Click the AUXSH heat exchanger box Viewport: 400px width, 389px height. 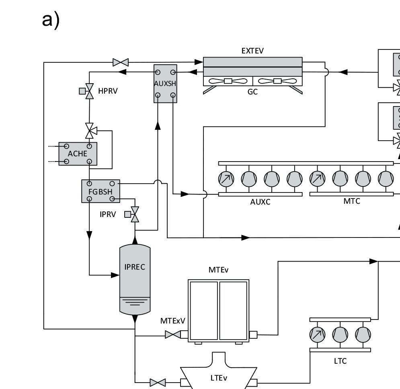click(x=165, y=83)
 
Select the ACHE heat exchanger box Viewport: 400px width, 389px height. click(x=78, y=154)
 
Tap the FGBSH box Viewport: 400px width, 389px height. click(x=101, y=191)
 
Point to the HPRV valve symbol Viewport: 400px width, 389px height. click(x=89, y=91)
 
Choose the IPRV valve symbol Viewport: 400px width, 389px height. click(x=135, y=215)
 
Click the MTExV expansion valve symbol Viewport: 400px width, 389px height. click(x=172, y=334)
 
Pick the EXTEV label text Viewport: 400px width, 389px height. click(x=252, y=51)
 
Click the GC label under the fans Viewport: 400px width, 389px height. click(x=252, y=92)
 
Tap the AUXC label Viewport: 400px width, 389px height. click(x=260, y=202)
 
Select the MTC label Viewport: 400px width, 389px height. click(x=352, y=201)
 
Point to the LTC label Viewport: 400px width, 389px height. click(x=340, y=361)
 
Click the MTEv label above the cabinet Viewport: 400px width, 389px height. click(x=218, y=270)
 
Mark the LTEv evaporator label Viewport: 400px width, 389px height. click(x=219, y=378)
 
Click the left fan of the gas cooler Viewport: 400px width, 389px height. click(x=228, y=81)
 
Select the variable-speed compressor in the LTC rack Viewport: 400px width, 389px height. click(x=317, y=334)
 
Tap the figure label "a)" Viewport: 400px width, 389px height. click(x=51, y=20)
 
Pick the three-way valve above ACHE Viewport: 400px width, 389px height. click(x=90, y=130)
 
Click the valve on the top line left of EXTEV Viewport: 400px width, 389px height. click(x=121, y=62)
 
